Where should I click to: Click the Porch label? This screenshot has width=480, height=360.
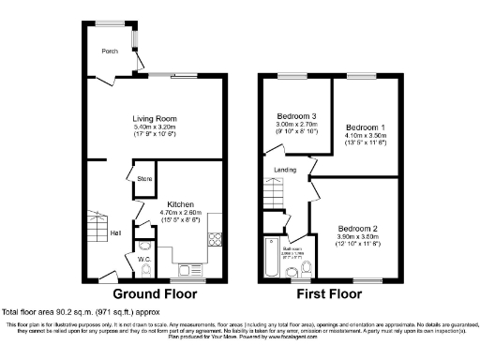pos(111,52)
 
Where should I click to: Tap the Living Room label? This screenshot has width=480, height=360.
pos(155,119)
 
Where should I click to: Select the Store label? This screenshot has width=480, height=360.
pos(144,178)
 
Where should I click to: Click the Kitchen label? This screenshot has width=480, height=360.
pos(181,203)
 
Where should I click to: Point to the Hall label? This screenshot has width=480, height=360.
pos(114,233)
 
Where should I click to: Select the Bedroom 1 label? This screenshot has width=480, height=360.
pos(365,127)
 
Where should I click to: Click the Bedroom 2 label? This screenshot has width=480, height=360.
pos(358,229)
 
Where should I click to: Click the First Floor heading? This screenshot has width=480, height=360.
pos(332,292)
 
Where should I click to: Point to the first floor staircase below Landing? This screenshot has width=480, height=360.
pos(272,194)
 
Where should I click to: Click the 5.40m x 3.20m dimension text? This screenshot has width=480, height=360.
pos(155,127)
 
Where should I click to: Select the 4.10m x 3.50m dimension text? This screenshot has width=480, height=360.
pos(365,135)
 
